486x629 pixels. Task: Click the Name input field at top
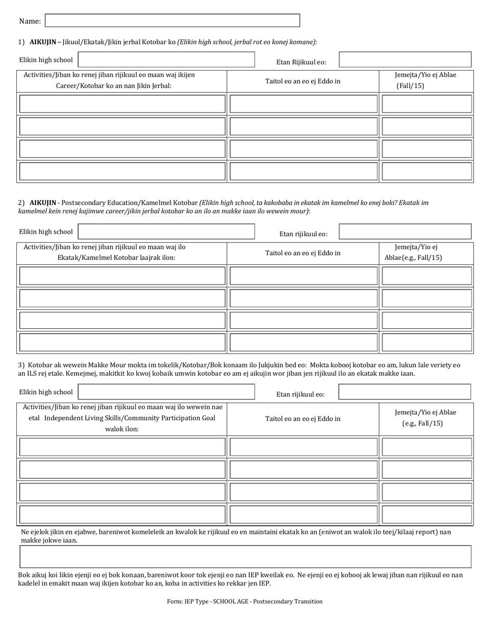pos(172,20)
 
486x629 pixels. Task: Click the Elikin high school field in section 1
pos(166,60)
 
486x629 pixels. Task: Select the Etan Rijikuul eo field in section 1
pos(405,60)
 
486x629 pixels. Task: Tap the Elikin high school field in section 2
pos(166,232)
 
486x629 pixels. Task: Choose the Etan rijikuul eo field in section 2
pos(405,232)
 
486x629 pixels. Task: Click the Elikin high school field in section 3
pos(166,392)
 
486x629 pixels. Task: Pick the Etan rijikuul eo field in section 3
pos(405,392)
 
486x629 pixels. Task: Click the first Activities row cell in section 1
pos(122,104)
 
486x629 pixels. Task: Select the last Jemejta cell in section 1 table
pos(427,171)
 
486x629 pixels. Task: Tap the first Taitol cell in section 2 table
pos(303,276)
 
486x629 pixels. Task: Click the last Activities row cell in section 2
pos(122,343)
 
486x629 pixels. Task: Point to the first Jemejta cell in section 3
pos(427,447)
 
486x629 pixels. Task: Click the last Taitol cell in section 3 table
pos(303,514)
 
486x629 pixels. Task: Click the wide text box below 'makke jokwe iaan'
pos(245,556)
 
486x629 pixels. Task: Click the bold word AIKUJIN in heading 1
pos(42,42)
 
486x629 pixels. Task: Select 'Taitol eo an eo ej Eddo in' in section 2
pos(302,253)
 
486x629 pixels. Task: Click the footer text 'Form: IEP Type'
pos(245,601)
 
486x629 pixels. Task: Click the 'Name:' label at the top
pos(30,21)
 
